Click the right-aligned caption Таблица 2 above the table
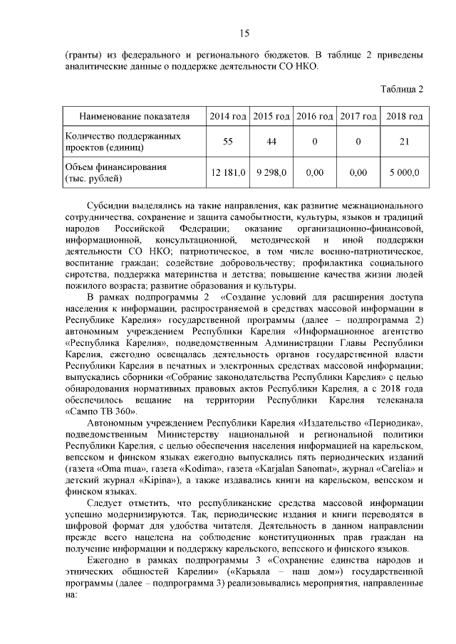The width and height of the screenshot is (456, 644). pyautogui.click(x=403, y=89)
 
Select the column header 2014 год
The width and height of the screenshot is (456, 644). pyautogui.click(x=227, y=116)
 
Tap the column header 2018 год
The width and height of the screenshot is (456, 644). pyautogui.click(x=404, y=116)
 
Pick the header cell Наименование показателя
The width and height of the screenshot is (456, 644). pyautogui.click(x=134, y=116)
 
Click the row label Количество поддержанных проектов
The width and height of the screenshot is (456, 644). pyautogui.click(x=122, y=141)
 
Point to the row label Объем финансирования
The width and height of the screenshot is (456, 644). pyautogui.click(x=115, y=172)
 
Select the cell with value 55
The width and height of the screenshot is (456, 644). pyautogui.click(x=227, y=141)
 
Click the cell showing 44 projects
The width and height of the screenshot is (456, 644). pyautogui.click(x=271, y=141)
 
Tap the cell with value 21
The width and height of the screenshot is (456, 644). pyautogui.click(x=404, y=141)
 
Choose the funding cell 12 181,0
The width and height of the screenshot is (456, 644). pyautogui.click(x=228, y=172)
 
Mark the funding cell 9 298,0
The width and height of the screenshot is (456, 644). pyautogui.click(x=271, y=172)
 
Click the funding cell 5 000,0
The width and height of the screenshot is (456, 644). pyautogui.click(x=404, y=172)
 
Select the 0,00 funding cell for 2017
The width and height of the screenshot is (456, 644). pyautogui.click(x=358, y=172)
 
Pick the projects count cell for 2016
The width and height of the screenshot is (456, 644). pyautogui.click(x=314, y=141)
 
